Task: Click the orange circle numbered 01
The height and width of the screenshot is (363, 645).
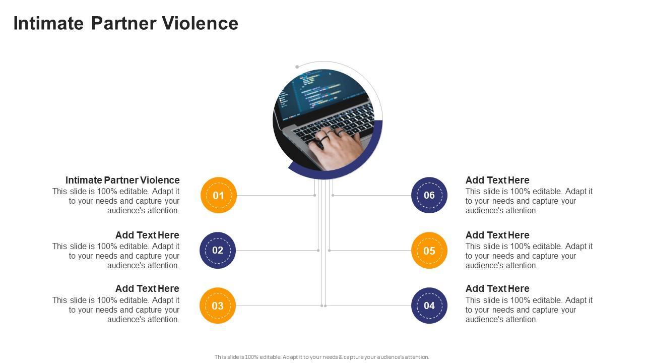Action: click(x=218, y=195)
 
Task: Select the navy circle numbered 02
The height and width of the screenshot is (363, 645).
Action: click(x=218, y=250)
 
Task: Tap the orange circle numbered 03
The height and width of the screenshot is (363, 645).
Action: click(x=218, y=306)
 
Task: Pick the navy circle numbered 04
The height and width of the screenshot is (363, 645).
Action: click(x=429, y=306)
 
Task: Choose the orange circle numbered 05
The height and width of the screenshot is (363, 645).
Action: click(x=429, y=251)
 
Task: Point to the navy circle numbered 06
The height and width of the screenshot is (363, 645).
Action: click(x=429, y=195)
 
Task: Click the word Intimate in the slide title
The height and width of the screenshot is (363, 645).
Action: click(x=48, y=24)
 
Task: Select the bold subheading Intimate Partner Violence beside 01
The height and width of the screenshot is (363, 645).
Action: click(x=122, y=180)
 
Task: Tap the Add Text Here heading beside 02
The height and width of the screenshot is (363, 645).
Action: click(x=147, y=235)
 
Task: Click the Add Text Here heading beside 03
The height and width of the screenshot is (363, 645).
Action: click(x=147, y=288)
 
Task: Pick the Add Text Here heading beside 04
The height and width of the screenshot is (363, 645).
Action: click(x=497, y=288)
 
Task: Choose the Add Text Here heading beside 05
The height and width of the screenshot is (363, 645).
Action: click(x=497, y=235)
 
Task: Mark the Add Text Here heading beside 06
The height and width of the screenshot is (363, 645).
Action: click(x=497, y=180)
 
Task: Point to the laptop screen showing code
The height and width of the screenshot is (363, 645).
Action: click(x=322, y=91)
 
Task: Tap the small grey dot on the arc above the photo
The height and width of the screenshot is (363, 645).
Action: click(x=297, y=67)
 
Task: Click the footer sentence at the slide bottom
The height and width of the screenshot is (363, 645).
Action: click(x=322, y=357)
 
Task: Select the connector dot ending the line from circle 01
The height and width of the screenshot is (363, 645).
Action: click(x=315, y=195)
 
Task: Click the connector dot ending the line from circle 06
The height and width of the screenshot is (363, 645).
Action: click(x=333, y=195)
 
